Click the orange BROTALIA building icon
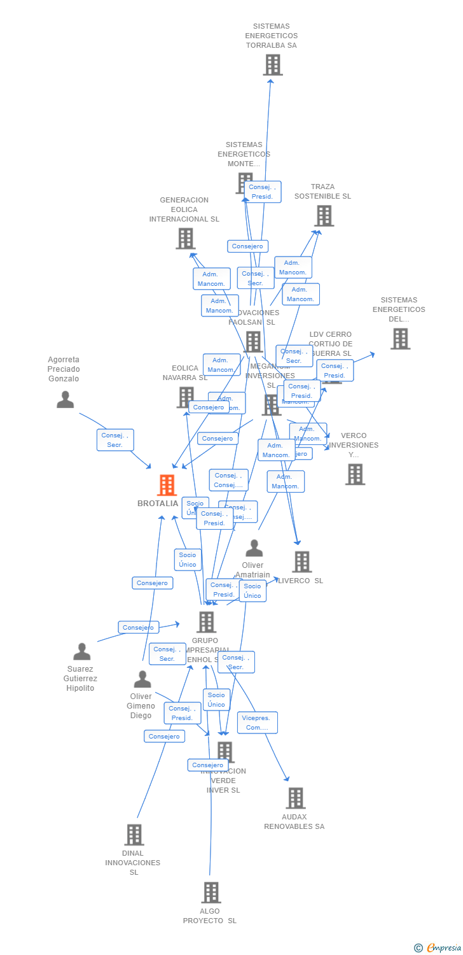pos(167,485)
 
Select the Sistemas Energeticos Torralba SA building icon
pos(272,65)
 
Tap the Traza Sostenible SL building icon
pos(324,216)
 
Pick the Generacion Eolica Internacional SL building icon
pos(185,239)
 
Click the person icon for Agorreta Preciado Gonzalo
pos(65,399)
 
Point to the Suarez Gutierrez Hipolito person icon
pos(81,651)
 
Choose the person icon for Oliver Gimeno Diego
pos(142,679)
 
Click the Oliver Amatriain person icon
pos(254,548)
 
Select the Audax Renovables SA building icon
pos(295,798)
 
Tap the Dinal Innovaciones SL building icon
pos(134,834)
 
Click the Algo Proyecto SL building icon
pos(211,893)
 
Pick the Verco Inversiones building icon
pos(355,474)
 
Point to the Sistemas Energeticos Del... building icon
pos(400,339)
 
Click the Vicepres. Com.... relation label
pos(257,723)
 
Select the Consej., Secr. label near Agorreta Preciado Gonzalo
pos(115,440)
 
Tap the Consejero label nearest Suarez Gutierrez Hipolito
pos(138,627)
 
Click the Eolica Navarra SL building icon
pos(185,397)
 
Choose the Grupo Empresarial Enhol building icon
pos(206,622)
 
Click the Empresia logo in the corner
pos(438,948)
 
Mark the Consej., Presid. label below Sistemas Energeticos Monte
pos(262,192)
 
